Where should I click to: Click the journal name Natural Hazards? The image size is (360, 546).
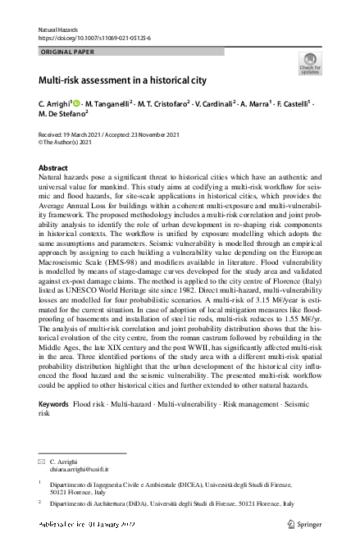click(x=60, y=30)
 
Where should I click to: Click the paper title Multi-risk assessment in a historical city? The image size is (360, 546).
click(x=118, y=81)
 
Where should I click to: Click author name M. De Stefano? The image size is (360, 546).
click(x=65, y=116)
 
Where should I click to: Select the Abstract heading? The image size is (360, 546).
click(x=53, y=167)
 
